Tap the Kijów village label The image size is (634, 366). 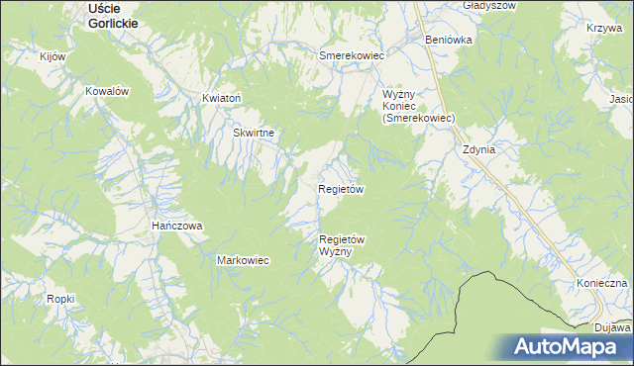click(52, 56)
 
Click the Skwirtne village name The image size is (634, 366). click(253, 132)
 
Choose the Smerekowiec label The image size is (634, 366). click(351, 56)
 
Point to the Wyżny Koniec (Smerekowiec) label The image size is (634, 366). click(418, 106)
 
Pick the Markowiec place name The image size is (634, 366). click(243, 260)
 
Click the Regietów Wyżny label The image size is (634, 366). click(343, 245)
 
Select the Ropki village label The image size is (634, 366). click(60, 298)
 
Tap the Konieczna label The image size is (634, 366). click(601, 283)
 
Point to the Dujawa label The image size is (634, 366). click(613, 326)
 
